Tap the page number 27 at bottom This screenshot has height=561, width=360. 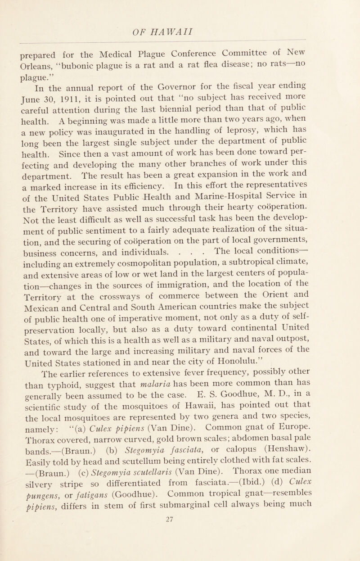click(x=180, y=554)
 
